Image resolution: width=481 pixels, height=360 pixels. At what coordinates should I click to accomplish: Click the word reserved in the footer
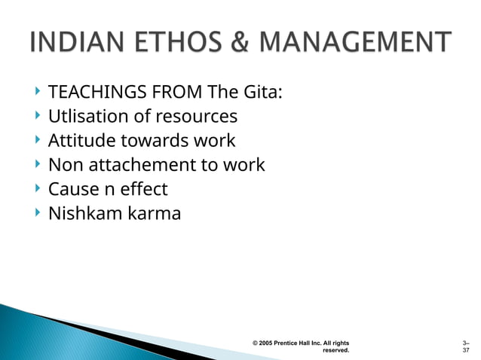335,351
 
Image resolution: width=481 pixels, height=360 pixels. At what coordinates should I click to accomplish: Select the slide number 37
466,351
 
